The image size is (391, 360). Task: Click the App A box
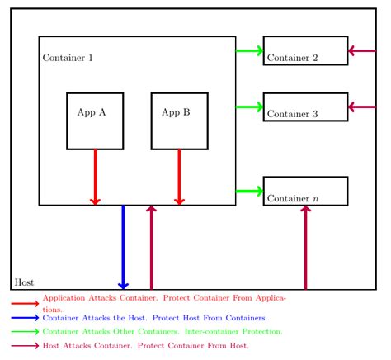[x=95, y=121]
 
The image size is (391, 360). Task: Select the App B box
[x=179, y=121]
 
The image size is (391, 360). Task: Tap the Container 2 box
[x=305, y=50]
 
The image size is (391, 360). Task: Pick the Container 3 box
[x=305, y=107]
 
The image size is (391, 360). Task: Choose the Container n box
[x=305, y=191]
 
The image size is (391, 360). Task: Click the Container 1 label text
[x=68, y=58]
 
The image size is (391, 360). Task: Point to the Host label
[x=24, y=282]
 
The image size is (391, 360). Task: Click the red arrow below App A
[x=95, y=177]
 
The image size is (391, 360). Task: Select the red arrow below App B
[x=179, y=177]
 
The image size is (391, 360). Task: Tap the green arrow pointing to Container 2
[x=249, y=50]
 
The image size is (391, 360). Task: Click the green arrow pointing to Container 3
[x=249, y=107]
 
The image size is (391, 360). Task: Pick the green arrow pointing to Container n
[x=249, y=191]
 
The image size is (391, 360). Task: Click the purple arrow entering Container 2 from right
[x=362, y=50]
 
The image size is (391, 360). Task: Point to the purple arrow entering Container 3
[x=362, y=107]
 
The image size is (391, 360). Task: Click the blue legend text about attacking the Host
[x=155, y=318]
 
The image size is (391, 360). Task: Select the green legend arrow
[x=25, y=331]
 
